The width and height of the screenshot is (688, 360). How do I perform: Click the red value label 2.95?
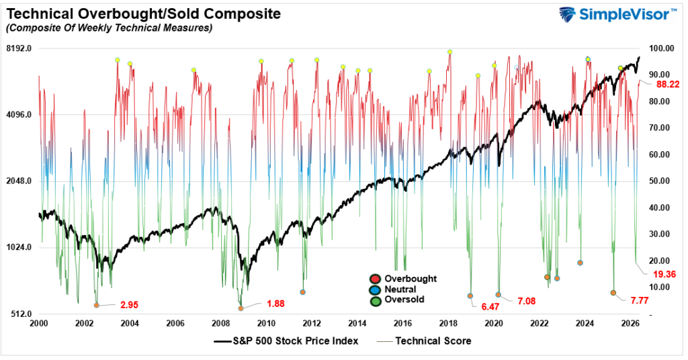click(x=130, y=305)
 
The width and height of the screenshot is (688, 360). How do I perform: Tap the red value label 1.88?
click(x=275, y=304)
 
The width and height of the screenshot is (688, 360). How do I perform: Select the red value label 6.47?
click(x=490, y=307)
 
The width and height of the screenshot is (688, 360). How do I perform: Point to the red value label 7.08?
click(x=527, y=302)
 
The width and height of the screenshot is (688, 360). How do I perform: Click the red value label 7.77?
click(x=640, y=301)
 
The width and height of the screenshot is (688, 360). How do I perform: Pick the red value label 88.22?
click(x=668, y=84)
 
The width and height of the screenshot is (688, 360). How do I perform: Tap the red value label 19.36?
click(x=664, y=275)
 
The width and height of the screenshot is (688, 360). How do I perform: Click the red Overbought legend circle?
click(x=375, y=279)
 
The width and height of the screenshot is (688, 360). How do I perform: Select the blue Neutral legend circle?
click(x=375, y=290)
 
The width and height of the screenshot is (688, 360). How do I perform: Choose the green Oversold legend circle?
click(x=375, y=300)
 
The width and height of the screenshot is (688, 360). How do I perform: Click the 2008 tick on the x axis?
click(x=220, y=324)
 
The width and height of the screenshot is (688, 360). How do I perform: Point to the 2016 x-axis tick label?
click(x=403, y=324)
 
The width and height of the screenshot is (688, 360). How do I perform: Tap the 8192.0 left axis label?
click(x=19, y=48)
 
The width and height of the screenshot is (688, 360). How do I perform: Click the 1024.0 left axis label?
click(x=19, y=247)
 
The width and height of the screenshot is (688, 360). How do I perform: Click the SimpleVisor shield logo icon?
click(x=567, y=15)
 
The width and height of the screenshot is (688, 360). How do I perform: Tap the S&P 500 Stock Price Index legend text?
click(x=296, y=341)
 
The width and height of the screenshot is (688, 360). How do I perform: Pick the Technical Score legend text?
click(x=433, y=341)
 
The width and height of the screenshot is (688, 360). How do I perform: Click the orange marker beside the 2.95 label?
click(x=97, y=305)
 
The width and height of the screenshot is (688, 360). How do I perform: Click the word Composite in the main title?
click(x=242, y=14)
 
